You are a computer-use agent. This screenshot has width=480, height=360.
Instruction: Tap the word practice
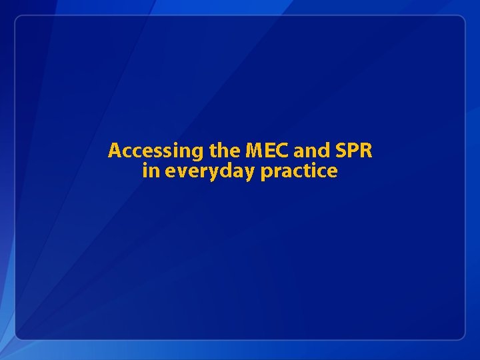coord(299,172)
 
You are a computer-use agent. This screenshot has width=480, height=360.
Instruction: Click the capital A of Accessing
coord(114,151)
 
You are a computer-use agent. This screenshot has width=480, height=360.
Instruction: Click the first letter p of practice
coord(265,173)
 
